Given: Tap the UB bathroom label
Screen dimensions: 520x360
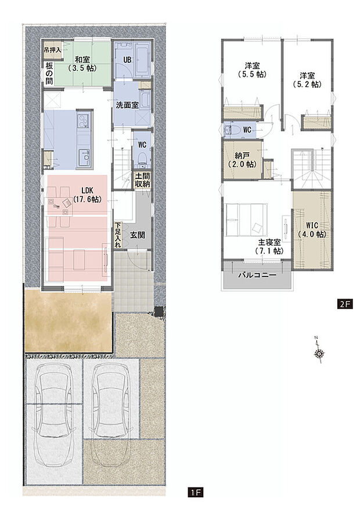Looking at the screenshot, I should coord(125,60).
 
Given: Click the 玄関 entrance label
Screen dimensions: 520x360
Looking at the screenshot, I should coord(138,235).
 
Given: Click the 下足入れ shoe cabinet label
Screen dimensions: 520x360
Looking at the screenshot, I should coord(117,235).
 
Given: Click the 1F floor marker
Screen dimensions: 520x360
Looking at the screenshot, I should coord(195,493).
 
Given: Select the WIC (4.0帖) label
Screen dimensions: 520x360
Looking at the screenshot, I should coord(312,230).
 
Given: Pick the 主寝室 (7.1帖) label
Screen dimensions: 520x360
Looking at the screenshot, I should coord(268,247).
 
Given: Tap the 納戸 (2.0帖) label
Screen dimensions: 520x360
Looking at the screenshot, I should coord(242,160).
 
